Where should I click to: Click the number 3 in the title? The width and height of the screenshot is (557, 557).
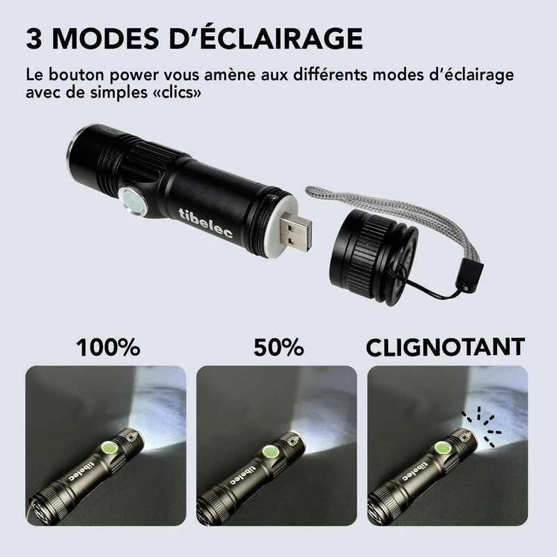point(36,38)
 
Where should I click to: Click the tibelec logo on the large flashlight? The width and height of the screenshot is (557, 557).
point(207,223)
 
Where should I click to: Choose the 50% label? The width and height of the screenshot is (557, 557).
point(278,347)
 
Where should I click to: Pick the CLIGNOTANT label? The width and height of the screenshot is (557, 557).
point(445,347)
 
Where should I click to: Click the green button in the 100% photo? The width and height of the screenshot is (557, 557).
point(109,448)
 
